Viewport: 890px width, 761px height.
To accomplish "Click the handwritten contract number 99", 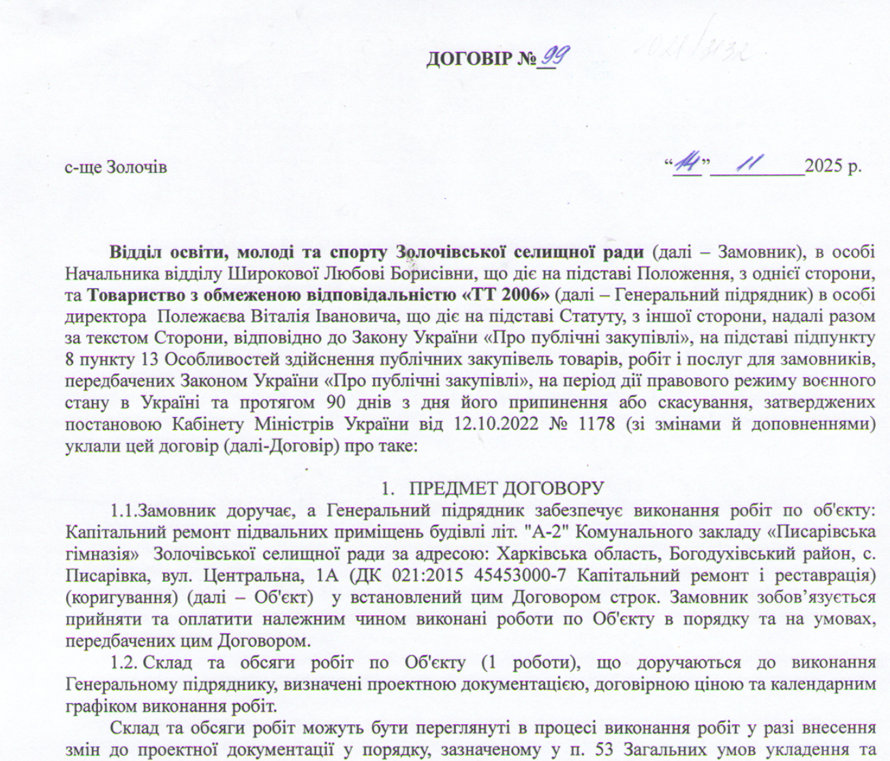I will [551, 57].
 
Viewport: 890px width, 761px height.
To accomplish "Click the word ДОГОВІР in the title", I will [470, 59].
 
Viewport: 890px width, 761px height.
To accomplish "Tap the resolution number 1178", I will [596, 423].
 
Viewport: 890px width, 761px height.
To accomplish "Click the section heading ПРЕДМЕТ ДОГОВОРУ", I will [507, 488].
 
